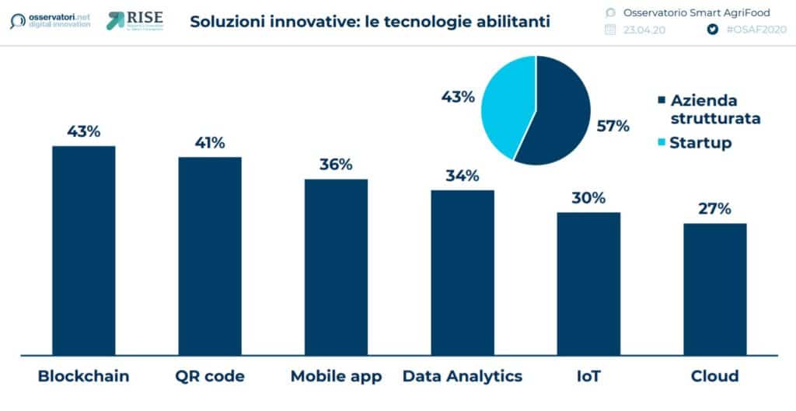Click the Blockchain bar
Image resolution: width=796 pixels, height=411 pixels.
coord(83,249)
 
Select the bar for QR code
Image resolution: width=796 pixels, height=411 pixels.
coord(209,254)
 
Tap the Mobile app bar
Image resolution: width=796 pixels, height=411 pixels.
coord(336,266)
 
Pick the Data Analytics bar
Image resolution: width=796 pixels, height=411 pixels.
coord(463,271)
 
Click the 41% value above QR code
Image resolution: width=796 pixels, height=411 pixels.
coord(209,143)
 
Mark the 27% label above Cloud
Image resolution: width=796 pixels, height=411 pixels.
coord(714,208)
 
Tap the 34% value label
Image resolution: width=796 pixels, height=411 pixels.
coord(463,176)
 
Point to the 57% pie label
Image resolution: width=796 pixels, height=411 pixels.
coord(613,126)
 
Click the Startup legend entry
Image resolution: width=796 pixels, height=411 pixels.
coord(700,143)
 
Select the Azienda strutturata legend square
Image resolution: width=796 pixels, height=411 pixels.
coord(662,101)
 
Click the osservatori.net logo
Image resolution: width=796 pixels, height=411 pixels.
coord(51,20)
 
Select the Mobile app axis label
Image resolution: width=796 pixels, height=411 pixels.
coord(336,377)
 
